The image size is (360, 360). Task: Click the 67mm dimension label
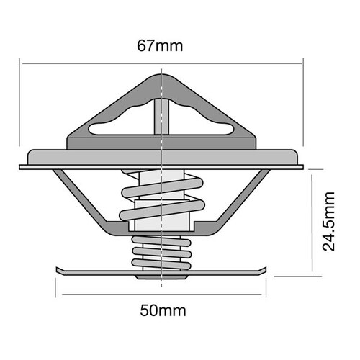click(x=160, y=47)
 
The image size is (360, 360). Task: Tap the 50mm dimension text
click(x=162, y=312)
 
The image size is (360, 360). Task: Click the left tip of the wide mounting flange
click(x=22, y=166)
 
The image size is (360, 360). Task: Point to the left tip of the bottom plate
click(x=58, y=269)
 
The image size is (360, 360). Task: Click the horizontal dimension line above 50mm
click(x=162, y=294)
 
